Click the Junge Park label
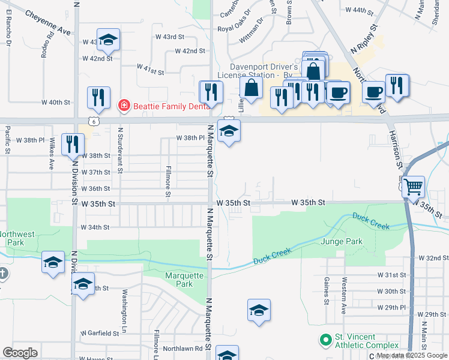tap(342, 241)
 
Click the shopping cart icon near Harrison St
tap(413, 187)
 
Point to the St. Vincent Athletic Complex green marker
tap(325, 340)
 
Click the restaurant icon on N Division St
tap(73, 144)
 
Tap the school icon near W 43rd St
tap(108, 40)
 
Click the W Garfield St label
tap(100, 332)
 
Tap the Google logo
tap(20, 352)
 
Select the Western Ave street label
tap(344, 304)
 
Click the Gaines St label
tap(327, 290)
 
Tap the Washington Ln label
tap(125, 304)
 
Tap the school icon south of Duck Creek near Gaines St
tap(259, 310)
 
